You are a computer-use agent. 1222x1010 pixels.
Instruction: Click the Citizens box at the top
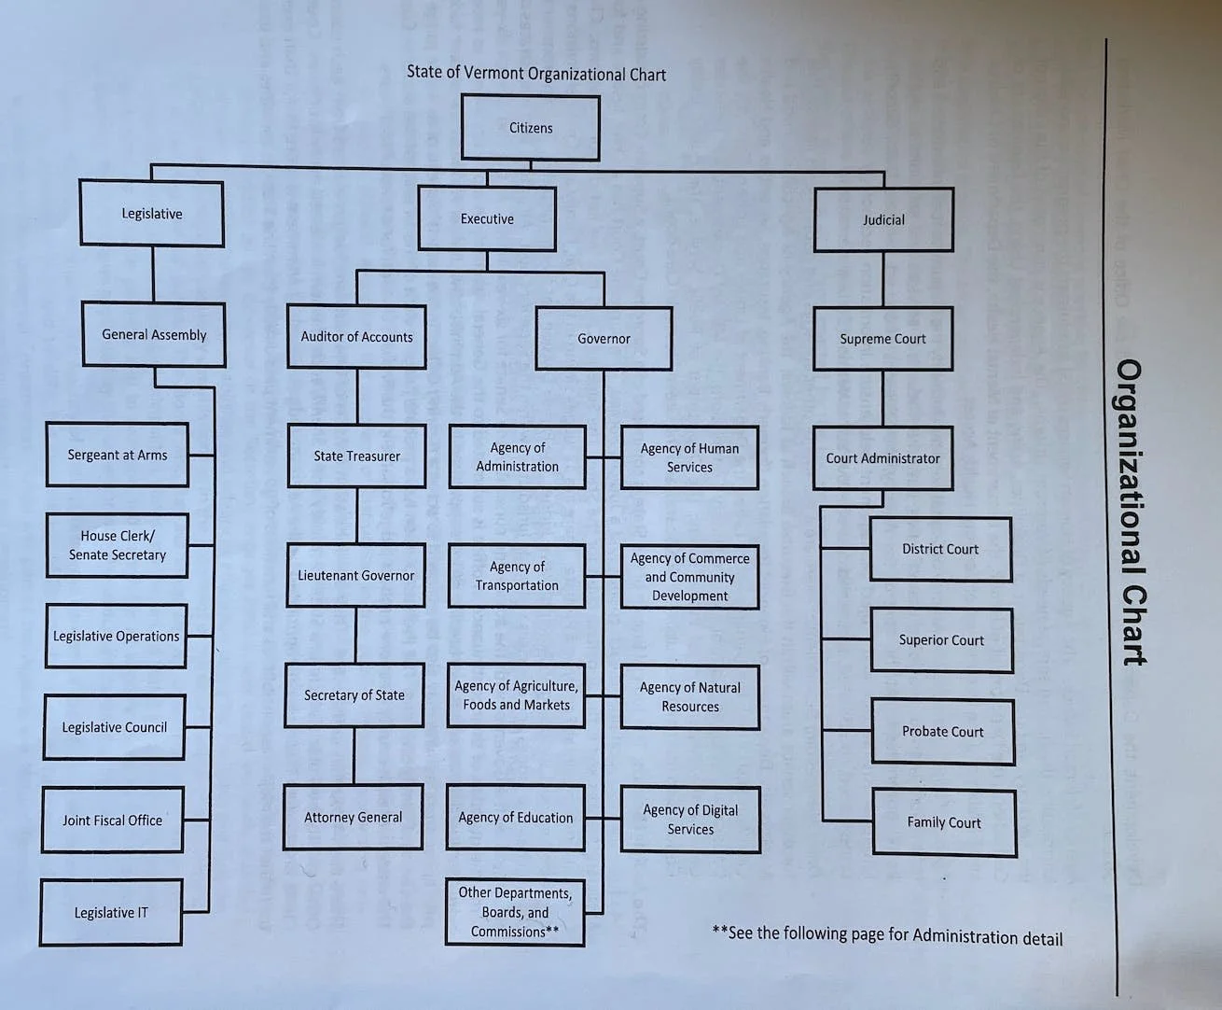530,128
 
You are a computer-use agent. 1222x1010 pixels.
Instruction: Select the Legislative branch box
151,214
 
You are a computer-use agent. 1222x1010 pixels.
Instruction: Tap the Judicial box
883,220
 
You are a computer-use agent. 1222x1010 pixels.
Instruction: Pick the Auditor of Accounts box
356,337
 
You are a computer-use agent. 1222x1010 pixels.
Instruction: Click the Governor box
604,339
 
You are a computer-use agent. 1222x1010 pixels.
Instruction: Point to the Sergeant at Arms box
118,456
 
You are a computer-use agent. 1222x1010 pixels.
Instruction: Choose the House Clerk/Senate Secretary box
118,545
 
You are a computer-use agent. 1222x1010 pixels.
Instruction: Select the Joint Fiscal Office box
112,821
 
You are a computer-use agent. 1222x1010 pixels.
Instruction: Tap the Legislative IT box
111,913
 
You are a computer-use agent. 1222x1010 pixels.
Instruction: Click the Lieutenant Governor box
355,576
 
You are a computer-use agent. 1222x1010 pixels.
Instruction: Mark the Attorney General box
353,818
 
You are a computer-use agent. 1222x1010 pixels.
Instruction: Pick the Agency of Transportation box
517,576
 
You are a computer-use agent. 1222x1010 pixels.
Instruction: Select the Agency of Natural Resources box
690,697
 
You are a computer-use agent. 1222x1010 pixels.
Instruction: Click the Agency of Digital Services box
690,820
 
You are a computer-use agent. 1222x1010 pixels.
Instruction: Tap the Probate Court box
943,732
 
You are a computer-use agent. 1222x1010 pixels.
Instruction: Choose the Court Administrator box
882,458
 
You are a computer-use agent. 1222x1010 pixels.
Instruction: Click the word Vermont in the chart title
494,73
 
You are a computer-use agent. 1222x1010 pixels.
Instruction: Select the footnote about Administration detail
887,935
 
